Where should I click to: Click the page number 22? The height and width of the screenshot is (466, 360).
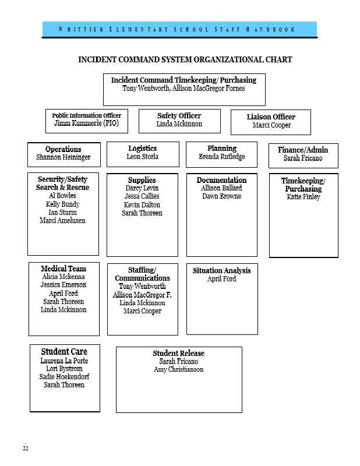[x=26, y=448]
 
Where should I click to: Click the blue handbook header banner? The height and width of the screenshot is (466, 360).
[x=179, y=29]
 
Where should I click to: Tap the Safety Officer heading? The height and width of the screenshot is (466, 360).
[x=179, y=115]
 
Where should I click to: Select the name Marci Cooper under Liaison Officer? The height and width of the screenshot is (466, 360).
[x=271, y=125]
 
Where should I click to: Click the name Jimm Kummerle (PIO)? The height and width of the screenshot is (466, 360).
[x=87, y=123]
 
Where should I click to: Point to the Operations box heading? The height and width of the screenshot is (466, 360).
[x=63, y=149]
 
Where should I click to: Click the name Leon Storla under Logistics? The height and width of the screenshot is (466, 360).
[x=143, y=157]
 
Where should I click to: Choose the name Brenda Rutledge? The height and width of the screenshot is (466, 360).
[x=222, y=157]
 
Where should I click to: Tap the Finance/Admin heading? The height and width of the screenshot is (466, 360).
[x=303, y=150]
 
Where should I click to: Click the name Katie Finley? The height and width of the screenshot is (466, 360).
[x=303, y=197]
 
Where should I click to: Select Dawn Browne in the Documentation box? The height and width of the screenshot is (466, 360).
[x=222, y=196]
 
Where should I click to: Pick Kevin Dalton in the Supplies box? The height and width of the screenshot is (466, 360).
[x=142, y=205]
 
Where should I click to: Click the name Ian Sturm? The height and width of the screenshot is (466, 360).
[x=62, y=213]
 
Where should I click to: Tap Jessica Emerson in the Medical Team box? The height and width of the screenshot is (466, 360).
[x=63, y=285]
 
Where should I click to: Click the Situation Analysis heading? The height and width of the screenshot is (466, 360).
[x=222, y=271]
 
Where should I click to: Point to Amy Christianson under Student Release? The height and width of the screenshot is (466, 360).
[x=179, y=369]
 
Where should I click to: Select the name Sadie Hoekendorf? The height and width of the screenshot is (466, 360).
[x=64, y=377]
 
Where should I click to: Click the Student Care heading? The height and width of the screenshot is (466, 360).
[x=64, y=352]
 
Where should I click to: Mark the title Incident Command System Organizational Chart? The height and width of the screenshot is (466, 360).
[x=185, y=60]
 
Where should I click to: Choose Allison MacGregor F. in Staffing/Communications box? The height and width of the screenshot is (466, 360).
[x=142, y=295]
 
